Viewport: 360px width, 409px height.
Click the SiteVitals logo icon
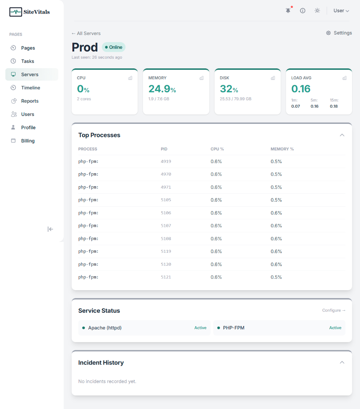(15, 12)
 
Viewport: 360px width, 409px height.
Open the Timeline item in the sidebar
(31, 88)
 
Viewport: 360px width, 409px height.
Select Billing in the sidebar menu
(28, 141)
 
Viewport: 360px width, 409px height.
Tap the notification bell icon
(288, 11)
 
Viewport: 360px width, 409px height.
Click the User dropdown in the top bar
(341, 11)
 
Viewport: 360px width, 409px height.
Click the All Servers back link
(86, 33)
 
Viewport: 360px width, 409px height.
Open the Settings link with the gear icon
(339, 33)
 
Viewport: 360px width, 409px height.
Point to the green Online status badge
(114, 47)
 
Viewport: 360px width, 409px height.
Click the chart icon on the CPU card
(130, 78)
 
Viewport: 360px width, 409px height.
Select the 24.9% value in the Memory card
(162, 89)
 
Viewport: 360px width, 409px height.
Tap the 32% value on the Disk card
(229, 89)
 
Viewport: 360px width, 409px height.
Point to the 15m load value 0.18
(334, 106)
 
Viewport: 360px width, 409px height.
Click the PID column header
(164, 149)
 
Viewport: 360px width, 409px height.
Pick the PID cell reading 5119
(166, 252)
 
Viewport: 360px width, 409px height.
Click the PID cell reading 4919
(166, 162)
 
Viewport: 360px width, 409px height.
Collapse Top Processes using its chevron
(342, 135)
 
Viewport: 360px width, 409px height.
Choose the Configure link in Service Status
(334, 310)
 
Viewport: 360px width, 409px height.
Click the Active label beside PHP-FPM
(335, 328)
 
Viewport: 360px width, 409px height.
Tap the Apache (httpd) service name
(105, 328)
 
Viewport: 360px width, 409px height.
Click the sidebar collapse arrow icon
(50, 229)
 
